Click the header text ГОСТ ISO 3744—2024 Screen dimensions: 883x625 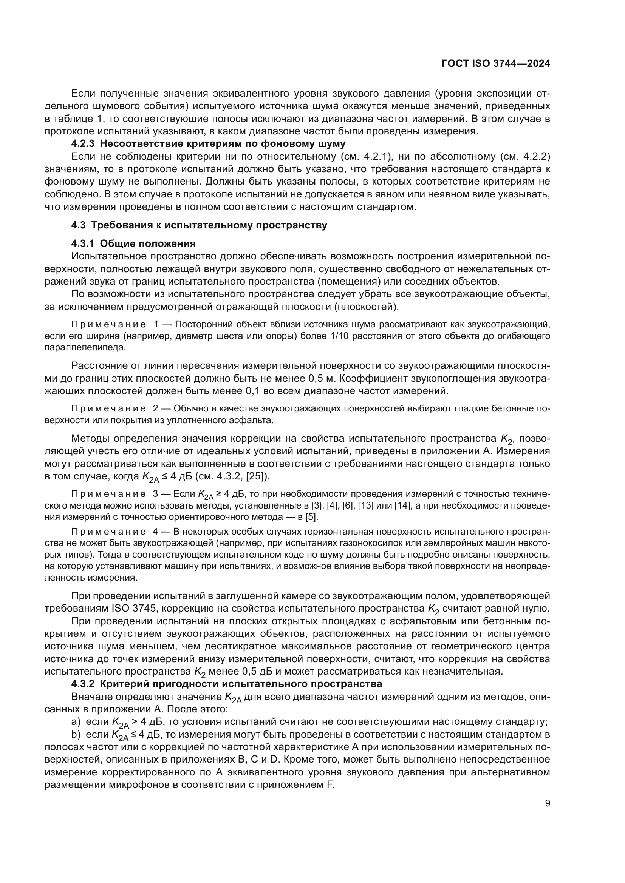[x=496, y=64]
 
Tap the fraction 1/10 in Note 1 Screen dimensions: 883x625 [x=339, y=336]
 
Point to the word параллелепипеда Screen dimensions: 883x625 [x=85, y=348]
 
